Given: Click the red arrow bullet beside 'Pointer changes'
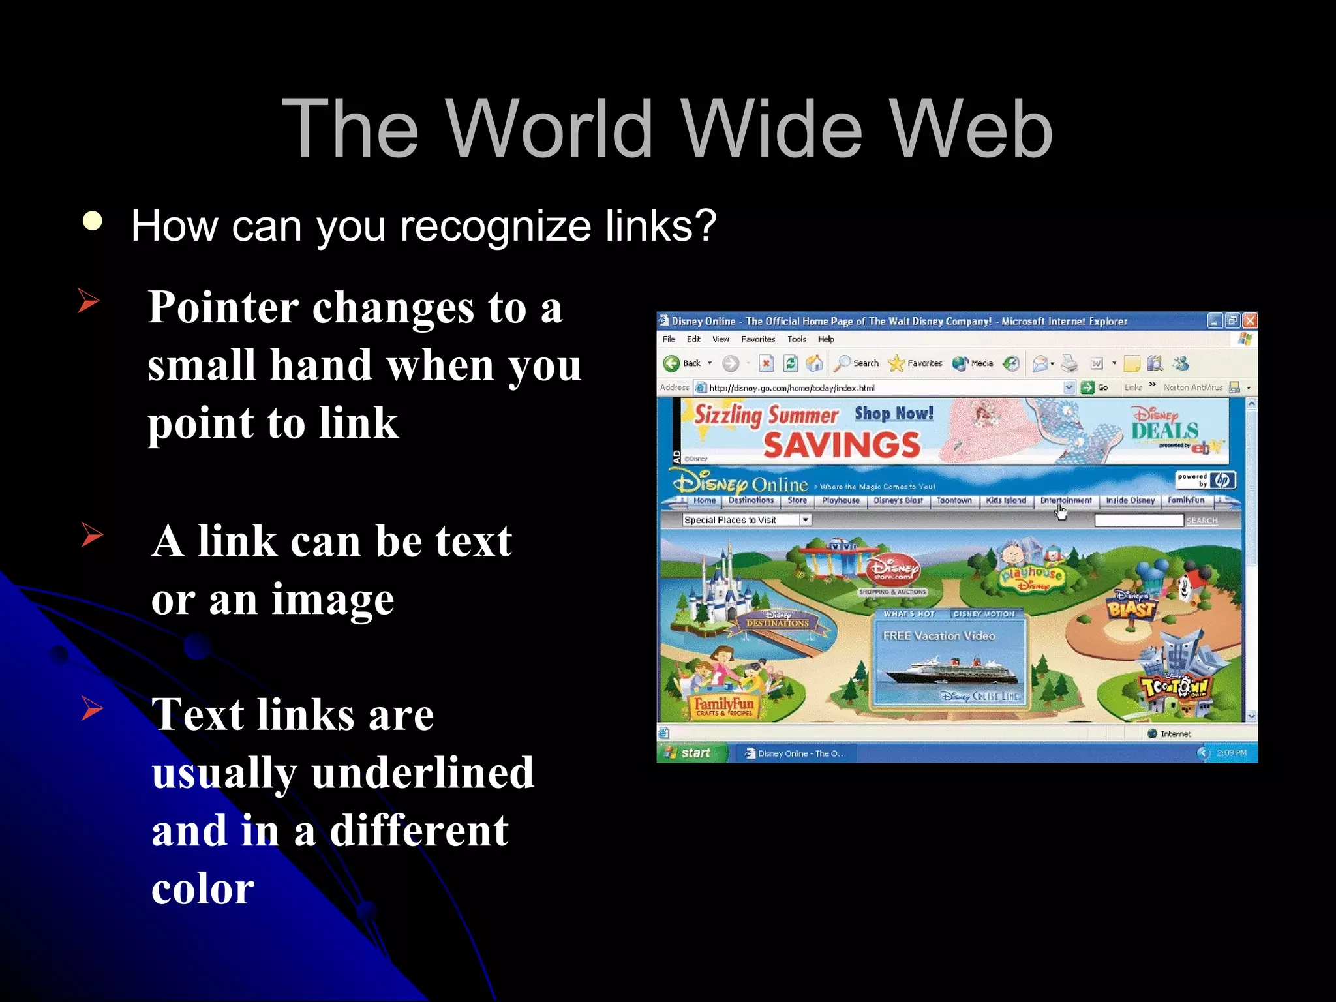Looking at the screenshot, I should [x=88, y=301].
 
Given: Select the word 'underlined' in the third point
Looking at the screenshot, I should [x=423, y=773].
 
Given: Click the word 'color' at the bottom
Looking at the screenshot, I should [x=203, y=888].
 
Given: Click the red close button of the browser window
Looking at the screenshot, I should [x=1249, y=320].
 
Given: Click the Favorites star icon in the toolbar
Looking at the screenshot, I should [x=897, y=363].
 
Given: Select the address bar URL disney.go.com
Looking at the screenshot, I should [x=791, y=388].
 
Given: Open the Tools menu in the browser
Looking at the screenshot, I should [x=797, y=339].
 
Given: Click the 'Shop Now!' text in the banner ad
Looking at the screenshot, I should [x=894, y=414].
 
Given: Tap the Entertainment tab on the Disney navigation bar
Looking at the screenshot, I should [x=1065, y=500].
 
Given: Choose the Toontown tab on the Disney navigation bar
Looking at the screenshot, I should [x=954, y=500].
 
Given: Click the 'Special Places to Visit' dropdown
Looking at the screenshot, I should [x=746, y=520].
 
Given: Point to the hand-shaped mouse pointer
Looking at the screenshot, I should [x=1061, y=513].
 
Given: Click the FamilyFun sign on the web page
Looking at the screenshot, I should [x=723, y=706].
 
